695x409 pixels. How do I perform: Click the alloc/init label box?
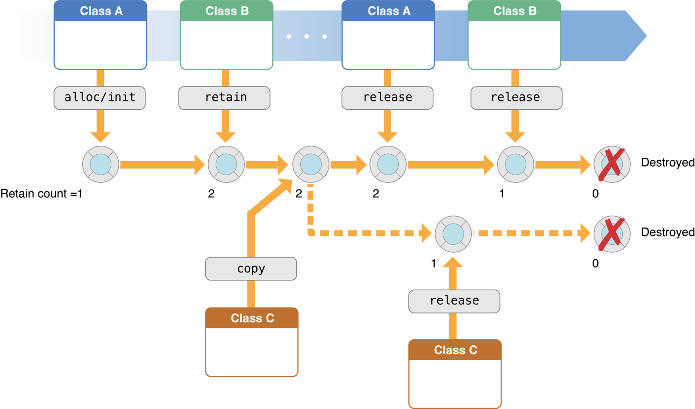99,97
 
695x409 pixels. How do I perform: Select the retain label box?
225,97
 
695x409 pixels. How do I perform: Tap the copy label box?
251,270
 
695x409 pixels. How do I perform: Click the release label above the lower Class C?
454,301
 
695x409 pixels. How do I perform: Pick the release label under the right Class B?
516,97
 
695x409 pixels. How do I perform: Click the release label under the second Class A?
387,97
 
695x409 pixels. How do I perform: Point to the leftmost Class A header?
100,11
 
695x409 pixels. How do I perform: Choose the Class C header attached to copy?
252,318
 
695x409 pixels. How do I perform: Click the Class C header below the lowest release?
455,350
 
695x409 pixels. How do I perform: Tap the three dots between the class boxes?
307,37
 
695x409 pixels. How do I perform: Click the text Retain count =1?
41,194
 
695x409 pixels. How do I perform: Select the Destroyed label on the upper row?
667,162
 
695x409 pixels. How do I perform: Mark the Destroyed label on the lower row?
667,232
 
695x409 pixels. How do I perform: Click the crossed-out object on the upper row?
612,164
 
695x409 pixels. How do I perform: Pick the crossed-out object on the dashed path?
612,233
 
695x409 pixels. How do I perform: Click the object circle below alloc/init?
100,164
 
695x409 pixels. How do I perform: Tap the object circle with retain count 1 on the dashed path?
453,233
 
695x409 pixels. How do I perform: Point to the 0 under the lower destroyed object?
595,264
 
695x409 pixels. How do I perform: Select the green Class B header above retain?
227,11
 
